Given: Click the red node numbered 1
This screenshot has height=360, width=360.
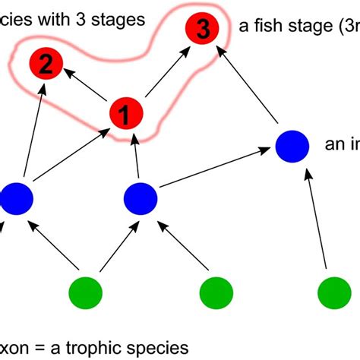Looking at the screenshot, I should coord(127,115).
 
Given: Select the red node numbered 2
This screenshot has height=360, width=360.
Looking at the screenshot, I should coord(46,65).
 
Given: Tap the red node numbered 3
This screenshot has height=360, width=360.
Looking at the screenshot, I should coord(201,30).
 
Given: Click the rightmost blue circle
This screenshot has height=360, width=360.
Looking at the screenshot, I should coord(292,146).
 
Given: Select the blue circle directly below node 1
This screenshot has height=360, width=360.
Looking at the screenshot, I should coord(141,197).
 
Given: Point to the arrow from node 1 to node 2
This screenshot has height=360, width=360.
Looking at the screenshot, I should coord(86,90).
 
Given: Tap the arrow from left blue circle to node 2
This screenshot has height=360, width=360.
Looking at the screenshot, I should coord(30,133).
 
